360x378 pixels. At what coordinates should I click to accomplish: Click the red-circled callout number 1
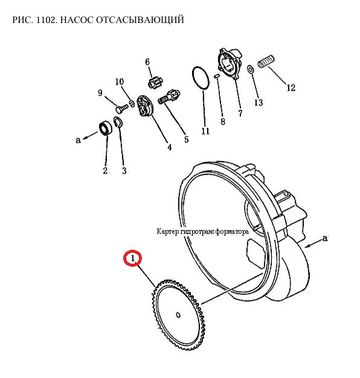pos(133,258)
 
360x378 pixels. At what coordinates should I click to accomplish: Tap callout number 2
pos(105,171)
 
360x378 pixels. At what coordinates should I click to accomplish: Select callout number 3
pos(124,171)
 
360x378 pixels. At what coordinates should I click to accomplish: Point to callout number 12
pos(291,88)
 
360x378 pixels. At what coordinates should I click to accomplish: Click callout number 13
pos(259,102)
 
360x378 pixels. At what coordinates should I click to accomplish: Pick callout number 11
pos(205,131)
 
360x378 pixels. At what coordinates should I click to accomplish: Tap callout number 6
pos(147,62)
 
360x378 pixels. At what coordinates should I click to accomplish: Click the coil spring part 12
pos(266,62)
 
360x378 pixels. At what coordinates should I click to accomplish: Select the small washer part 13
pos(251,70)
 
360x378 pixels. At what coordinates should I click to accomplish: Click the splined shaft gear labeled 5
pos(169,97)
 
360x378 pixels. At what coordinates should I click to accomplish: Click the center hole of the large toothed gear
pos(178,315)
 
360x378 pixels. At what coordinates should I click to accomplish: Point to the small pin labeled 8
pos(216,76)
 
